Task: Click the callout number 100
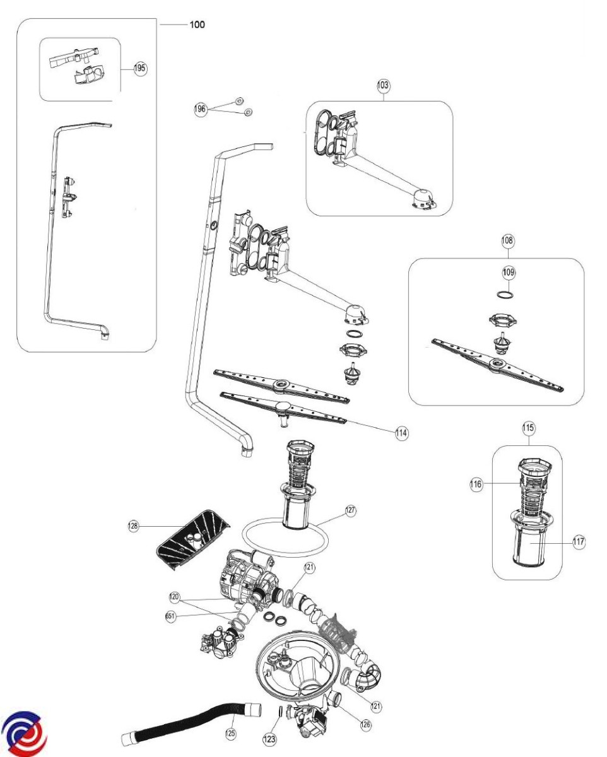point(197,25)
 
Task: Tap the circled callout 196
point(200,109)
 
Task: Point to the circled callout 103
point(384,85)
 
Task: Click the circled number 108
point(508,240)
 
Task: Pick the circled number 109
point(509,272)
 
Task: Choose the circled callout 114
point(401,433)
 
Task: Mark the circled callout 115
point(529,428)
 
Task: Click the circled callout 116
point(476,484)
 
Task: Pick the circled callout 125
point(230,734)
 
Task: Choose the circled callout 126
point(365,725)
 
